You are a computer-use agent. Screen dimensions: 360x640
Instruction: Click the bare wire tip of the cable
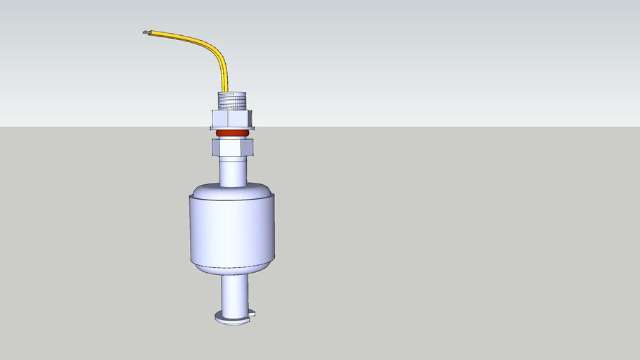146,32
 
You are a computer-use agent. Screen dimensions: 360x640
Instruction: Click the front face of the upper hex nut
232,118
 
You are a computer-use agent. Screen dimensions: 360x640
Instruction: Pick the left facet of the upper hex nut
215,118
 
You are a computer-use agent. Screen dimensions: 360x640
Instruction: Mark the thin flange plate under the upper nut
232,128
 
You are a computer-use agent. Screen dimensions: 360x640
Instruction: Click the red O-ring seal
232,133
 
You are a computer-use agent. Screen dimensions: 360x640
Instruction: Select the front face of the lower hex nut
232,147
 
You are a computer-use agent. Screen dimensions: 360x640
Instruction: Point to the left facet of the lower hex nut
215,147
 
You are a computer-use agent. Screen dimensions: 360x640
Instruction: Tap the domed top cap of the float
232,190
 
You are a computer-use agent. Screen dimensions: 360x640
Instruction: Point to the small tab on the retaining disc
252,313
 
